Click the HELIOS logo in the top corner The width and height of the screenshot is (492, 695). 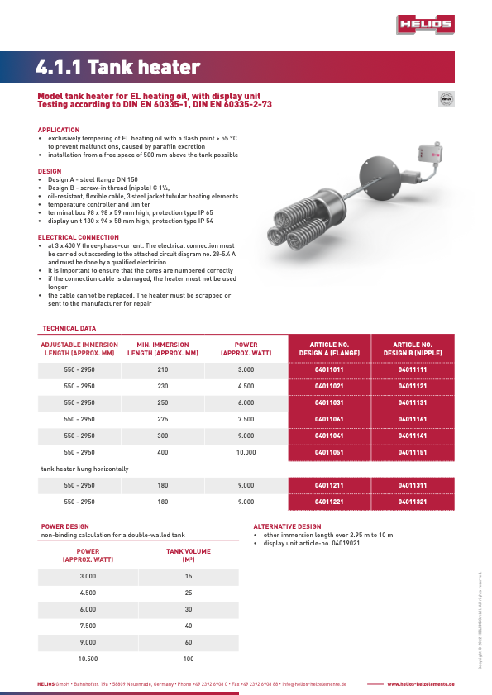coord(425,25)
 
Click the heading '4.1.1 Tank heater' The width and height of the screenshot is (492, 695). coord(119,66)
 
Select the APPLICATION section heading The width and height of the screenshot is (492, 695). coord(59,130)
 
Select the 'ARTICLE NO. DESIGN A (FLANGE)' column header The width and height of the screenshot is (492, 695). coord(328,349)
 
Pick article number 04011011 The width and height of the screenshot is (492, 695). coord(328,369)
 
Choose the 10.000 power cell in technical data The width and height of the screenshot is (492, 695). coord(246,452)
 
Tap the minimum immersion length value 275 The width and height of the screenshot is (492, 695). coord(162,419)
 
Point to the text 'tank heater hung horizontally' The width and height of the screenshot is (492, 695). coord(84,469)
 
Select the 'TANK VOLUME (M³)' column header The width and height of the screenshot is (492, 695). coord(189,555)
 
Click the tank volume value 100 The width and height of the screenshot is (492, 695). coord(189,659)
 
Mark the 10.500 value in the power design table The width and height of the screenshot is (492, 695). coord(88,659)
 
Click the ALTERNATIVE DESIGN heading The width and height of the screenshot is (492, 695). coord(287,526)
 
